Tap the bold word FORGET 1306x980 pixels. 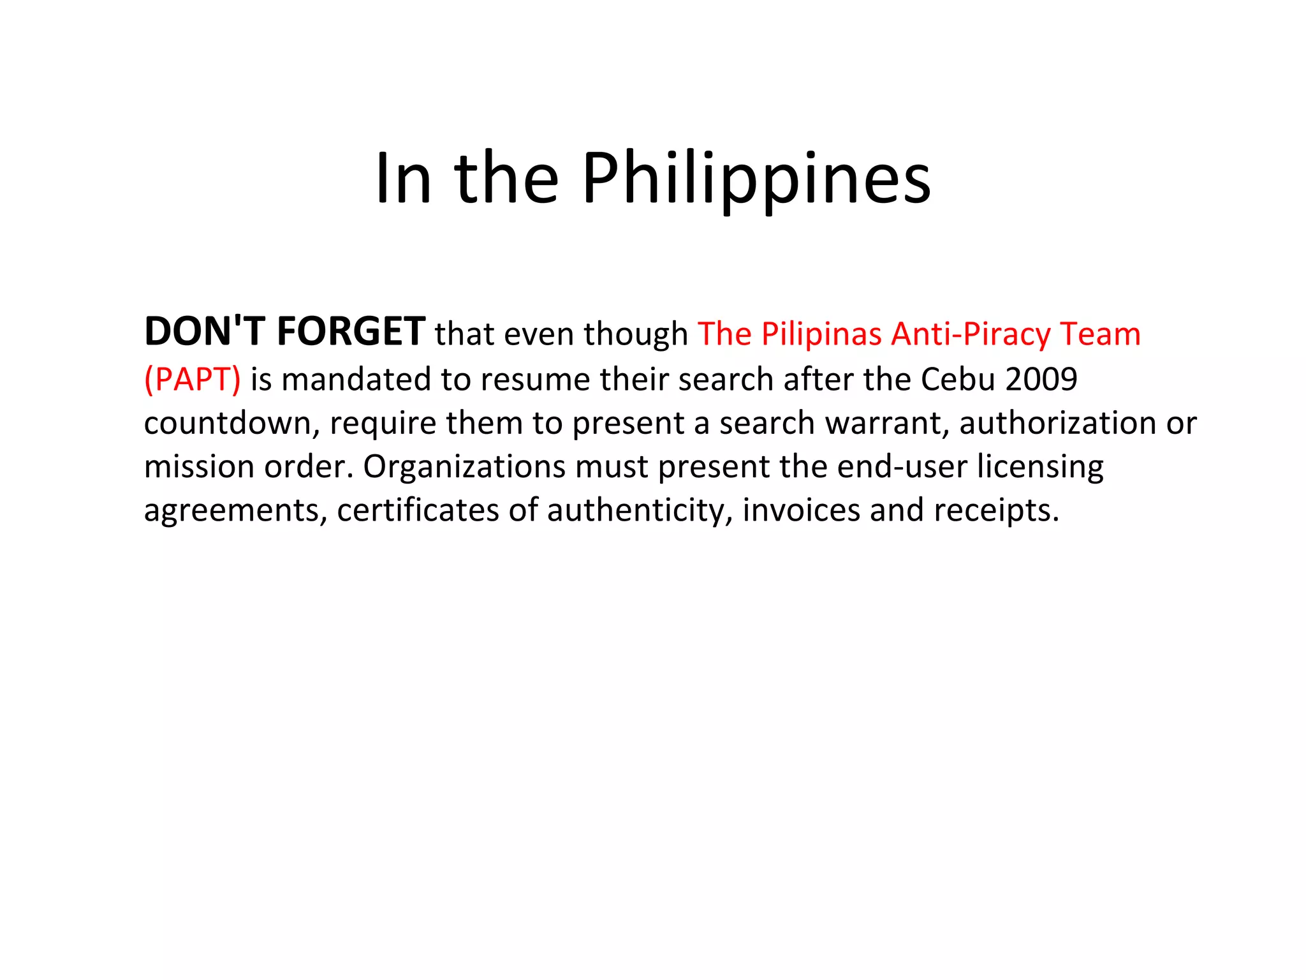pyautogui.click(x=351, y=332)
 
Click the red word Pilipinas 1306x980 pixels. pyautogui.click(x=822, y=334)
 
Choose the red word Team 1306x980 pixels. pyautogui.click(x=1100, y=334)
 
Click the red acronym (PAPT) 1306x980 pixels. pyautogui.click(x=193, y=379)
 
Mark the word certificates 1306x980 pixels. pyautogui.click(x=417, y=510)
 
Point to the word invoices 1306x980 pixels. pyautogui.click(x=801, y=510)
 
